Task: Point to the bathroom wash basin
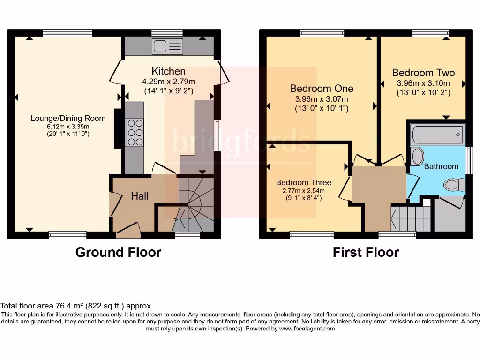coord(417,156)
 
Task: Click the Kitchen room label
coord(168,71)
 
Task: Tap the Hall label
coord(140,196)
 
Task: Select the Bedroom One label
coord(322,89)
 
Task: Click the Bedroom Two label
coord(423,73)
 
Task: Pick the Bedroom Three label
coord(303,182)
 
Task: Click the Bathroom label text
coord(441,166)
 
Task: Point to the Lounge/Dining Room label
coord(68,118)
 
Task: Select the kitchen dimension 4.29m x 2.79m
coord(168,81)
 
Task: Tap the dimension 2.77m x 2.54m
coord(303,190)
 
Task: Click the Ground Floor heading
coord(118,253)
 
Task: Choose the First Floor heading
coord(366,253)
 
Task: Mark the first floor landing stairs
coord(411,218)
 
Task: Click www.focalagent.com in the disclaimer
coord(307,329)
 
